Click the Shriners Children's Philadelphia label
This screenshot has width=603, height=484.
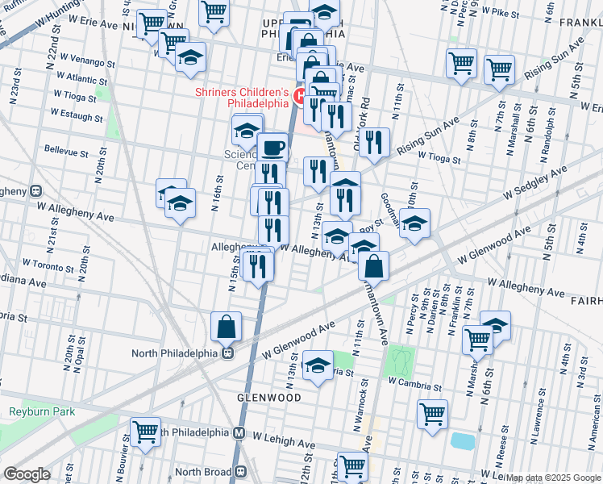(241, 98)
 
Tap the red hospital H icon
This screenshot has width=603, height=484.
(299, 98)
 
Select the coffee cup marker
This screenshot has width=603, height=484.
(272, 147)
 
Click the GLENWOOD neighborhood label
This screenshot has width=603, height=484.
(269, 398)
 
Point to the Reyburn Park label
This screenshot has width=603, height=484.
(42, 411)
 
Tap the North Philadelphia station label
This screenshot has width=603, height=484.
(177, 353)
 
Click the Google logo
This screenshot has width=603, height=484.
(27, 474)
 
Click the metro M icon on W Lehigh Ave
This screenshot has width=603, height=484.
(239, 432)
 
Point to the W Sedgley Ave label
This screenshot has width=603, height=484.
(535, 181)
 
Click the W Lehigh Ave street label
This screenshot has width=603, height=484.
(283, 443)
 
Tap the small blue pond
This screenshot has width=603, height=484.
(464, 441)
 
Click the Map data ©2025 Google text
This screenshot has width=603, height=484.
(554, 478)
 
